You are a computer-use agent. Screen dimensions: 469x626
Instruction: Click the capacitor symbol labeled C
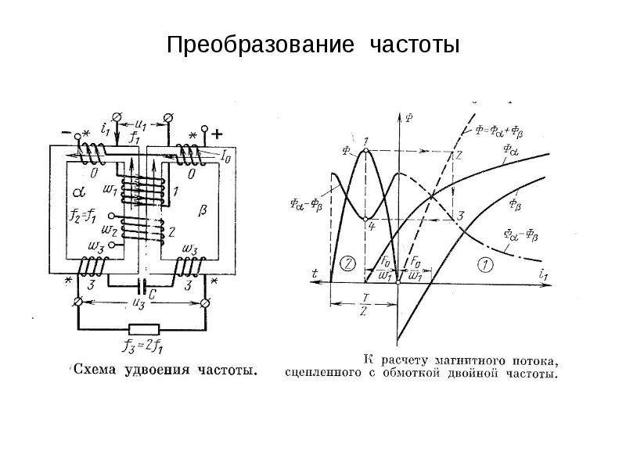[x=143, y=284]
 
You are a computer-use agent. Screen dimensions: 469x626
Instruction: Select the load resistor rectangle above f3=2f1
[x=144, y=329]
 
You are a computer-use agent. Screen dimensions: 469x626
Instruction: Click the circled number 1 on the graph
[x=484, y=264]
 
